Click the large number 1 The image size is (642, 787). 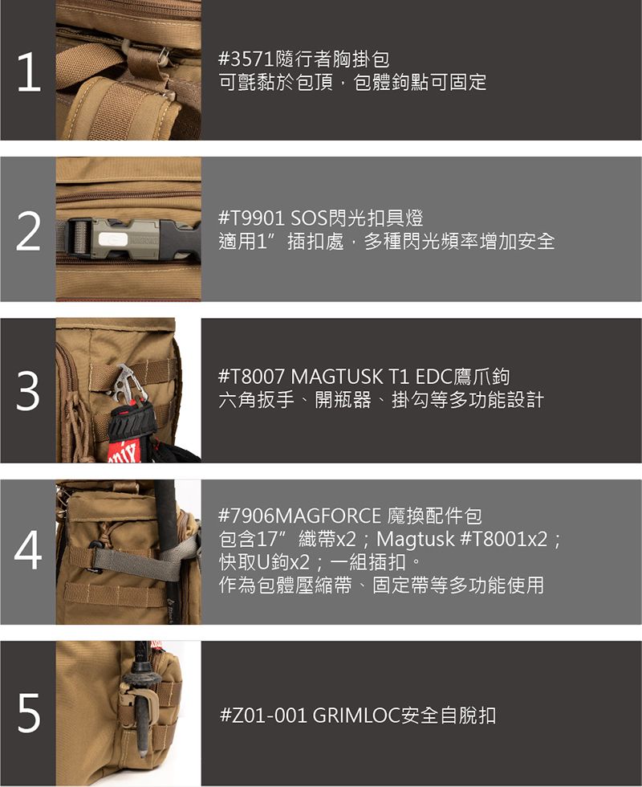tap(29, 73)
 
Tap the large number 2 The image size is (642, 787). tap(28, 232)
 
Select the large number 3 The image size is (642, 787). tap(28, 391)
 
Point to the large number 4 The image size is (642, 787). tap(28, 551)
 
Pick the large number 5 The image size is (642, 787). tap(29, 713)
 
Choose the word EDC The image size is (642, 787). tap(435, 377)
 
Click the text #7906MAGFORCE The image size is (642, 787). tap(300, 516)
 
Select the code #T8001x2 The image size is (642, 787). tap(504, 539)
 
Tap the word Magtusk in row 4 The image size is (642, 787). tap(416, 539)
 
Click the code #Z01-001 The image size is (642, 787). tap(264, 715)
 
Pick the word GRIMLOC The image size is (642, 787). tap(356, 715)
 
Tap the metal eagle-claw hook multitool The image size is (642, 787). tap(127, 385)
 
